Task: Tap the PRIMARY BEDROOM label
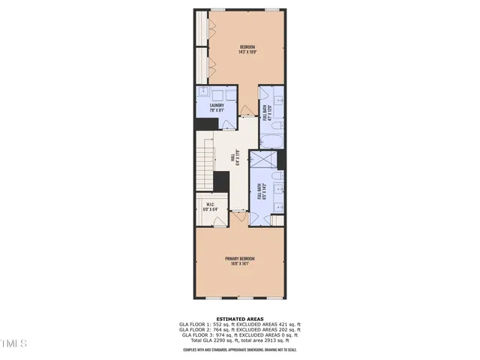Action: point(240,259)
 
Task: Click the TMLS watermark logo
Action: point(13,343)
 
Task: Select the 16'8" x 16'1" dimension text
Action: point(240,264)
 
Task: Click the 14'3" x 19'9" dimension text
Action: point(242,52)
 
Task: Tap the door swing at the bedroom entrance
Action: point(247,110)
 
